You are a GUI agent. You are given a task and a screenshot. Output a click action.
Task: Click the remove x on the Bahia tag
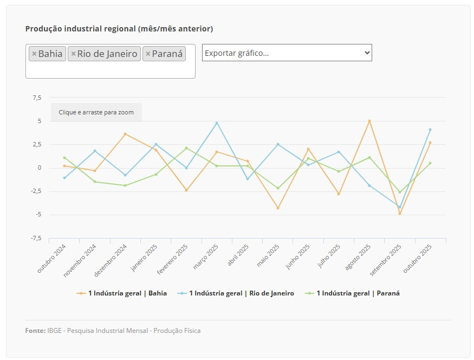pyautogui.click(x=34, y=54)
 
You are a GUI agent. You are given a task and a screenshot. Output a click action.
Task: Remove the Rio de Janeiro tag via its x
pyautogui.click(x=74, y=54)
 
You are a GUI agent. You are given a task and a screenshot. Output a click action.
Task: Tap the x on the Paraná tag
pyautogui.click(x=148, y=54)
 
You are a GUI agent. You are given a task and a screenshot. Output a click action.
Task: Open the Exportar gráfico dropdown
pyautogui.click(x=287, y=53)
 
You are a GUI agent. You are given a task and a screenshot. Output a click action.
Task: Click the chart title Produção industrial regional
pyautogui.click(x=119, y=28)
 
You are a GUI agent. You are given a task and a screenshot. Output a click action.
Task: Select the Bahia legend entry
pyautogui.click(x=122, y=293)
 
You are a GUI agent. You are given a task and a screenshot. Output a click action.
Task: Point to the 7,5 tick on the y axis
pyautogui.click(x=37, y=98)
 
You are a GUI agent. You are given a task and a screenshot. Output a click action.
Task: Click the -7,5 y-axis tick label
pyautogui.click(x=36, y=239)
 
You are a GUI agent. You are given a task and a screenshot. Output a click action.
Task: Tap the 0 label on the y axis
pyautogui.click(x=39, y=168)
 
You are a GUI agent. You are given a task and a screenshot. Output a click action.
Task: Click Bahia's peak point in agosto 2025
pyautogui.click(x=369, y=121)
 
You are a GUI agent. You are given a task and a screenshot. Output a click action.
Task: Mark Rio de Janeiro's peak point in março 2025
pyautogui.click(x=217, y=123)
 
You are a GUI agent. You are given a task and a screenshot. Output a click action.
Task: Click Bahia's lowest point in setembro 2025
pyautogui.click(x=400, y=214)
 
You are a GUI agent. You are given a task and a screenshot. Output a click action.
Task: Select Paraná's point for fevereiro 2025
pyautogui.click(x=186, y=148)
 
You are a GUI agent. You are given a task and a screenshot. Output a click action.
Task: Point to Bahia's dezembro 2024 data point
pyautogui.click(x=125, y=134)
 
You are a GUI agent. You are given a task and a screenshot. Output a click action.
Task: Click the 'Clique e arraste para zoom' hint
pyautogui.click(x=96, y=112)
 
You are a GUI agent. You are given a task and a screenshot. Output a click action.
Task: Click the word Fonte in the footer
pyautogui.click(x=35, y=331)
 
